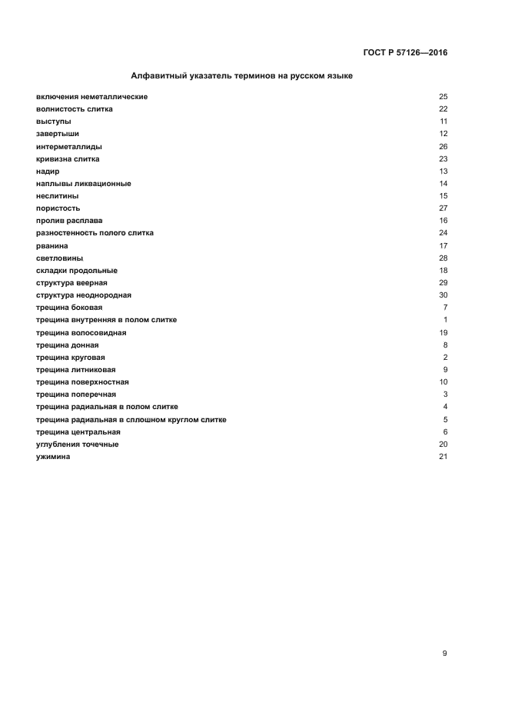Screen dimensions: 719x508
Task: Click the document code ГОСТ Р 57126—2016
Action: pyautogui.click(x=404, y=53)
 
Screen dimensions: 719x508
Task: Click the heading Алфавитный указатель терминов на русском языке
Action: pyautogui.click(x=242, y=77)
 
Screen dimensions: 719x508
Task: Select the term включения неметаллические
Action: pyautogui.click(x=91, y=97)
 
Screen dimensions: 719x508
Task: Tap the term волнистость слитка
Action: pyautogui.click(x=74, y=109)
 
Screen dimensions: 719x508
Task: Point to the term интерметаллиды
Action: pyautogui.click(x=68, y=146)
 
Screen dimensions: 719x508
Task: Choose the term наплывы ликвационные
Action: pyautogui.click(x=83, y=184)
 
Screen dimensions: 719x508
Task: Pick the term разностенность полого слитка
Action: pyautogui.click(x=95, y=233)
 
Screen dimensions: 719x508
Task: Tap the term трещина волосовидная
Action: pyautogui.click(x=81, y=332)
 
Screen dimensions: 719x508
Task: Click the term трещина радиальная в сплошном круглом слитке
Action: pyautogui.click(x=131, y=419)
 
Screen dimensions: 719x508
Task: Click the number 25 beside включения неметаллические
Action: pyautogui.click(x=443, y=97)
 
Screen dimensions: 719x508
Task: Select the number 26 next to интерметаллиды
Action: pyautogui.click(x=443, y=146)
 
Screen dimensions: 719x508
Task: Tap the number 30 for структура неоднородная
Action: pyautogui.click(x=443, y=295)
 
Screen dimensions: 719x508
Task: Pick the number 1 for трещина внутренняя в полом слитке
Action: pyautogui.click(x=445, y=320)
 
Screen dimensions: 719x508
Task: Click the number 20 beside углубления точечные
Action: pyautogui.click(x=443, y=444)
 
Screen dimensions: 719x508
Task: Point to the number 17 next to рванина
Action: pyautogui.click(x=443, y=245)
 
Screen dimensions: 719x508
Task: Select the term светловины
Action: pyautogui.click(x=59, y=258)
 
